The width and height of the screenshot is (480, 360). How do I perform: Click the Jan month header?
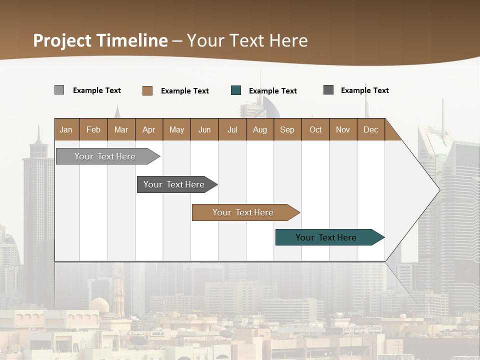[x=66, y=129]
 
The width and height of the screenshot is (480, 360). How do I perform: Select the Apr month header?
[x=149, y=129]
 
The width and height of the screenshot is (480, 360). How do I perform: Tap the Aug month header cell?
[x=260, y=129]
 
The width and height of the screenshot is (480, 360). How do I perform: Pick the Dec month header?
[x=370, y=129]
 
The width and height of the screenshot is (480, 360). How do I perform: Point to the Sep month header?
[x=287, y=129]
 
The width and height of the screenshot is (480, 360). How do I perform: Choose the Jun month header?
[x=204, y=129]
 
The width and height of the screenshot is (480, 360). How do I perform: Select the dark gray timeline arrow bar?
[x=175, y=184]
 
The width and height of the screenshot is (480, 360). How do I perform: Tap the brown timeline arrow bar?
[x=244, y=212]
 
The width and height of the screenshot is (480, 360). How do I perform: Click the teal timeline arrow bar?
[x=327, y=237]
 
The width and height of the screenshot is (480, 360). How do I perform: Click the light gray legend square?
[x=59, y=90]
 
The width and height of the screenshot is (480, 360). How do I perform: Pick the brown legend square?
[x=147, y=90]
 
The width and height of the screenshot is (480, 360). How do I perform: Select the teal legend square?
[x=236, y=90]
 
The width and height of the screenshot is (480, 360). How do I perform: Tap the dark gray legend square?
[x=328, y=90]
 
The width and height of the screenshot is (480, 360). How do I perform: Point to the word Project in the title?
[x=62, y=40]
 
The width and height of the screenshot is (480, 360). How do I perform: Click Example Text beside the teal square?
[x=272, y=91]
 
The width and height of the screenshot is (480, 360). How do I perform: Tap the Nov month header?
[x=343, y=129]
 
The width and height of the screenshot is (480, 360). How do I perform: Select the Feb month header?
[x=93, y=129]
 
